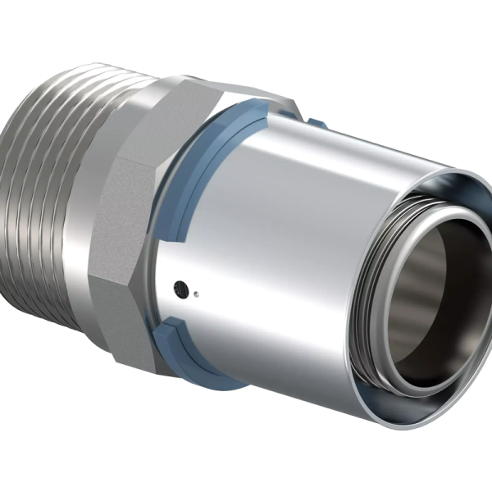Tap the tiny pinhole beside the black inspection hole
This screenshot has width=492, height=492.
pos(202,292)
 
